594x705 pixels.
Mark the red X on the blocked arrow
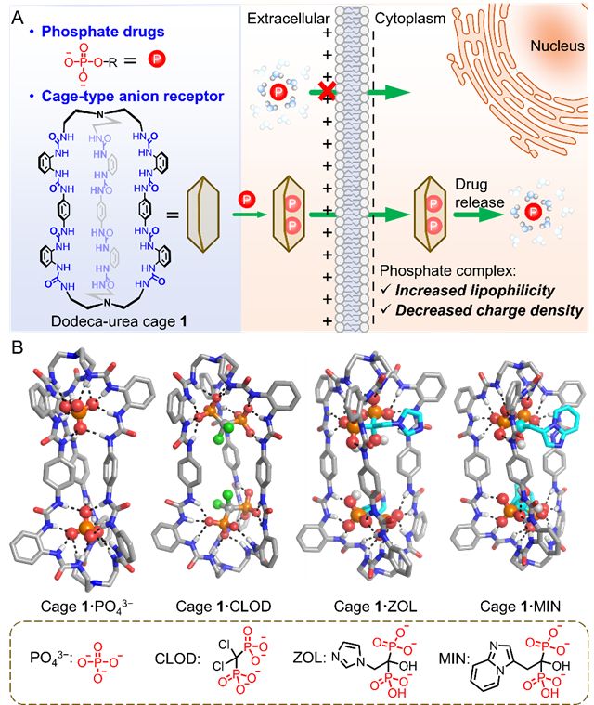click(324, 90)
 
